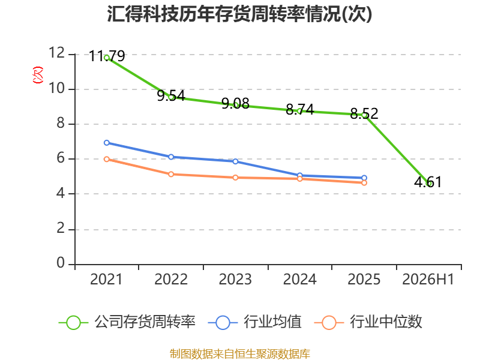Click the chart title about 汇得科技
(x=239, y=14)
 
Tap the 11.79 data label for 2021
(x=107, y=56)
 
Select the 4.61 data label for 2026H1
(x=428, y=182)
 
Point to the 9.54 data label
(x=171, y=95)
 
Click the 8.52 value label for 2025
(x=364, y=113)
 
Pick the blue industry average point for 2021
(x=107, y=143)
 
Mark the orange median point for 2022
(x=171, y=174)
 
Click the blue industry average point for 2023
(x=235, y=161)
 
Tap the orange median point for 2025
(x=364, y=183)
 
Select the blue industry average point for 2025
(x=364, y=178)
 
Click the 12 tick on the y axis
(x=57, y=53)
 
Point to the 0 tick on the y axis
(x=61, y=263)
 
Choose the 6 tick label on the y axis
(x=61, y=158)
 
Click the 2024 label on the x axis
(x=299, y=279)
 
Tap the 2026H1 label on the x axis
(x=428, y=279)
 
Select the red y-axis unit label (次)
(x=38, y=74)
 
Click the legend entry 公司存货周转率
(x=127, y=322)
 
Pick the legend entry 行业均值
(x=254, y=322)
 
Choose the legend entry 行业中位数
(x=368, y=322)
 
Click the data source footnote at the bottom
(x=239, y=353)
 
